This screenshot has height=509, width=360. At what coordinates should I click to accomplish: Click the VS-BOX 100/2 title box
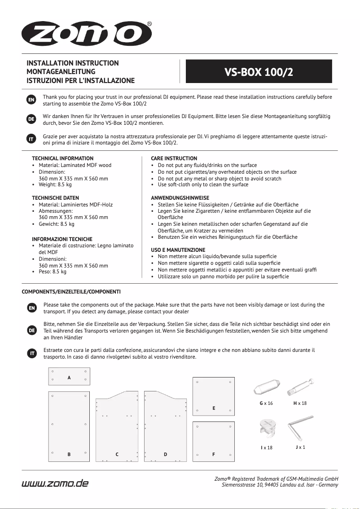(259, 71)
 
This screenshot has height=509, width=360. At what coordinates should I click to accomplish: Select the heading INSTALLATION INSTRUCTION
(73, 63)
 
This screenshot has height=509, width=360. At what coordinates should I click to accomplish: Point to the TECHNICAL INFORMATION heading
(63, 158)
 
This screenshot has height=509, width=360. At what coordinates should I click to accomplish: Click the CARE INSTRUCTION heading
(174, 158)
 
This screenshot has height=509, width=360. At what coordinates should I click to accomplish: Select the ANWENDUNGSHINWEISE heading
(180, 198)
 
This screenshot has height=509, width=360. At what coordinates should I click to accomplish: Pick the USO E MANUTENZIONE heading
(178, 250)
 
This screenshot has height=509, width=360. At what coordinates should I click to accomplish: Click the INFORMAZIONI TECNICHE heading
(62, 239)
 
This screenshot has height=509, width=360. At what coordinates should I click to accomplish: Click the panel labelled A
(69, 376)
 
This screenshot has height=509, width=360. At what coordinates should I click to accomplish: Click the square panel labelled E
(214, 397)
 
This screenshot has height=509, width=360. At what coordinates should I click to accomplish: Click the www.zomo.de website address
(55, 483)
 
